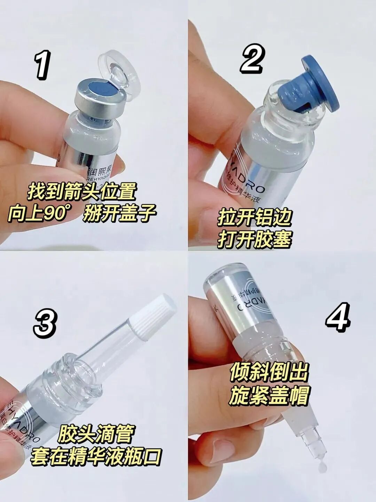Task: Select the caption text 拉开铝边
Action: pos(254,218)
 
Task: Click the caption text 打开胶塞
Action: pos(254,239)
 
